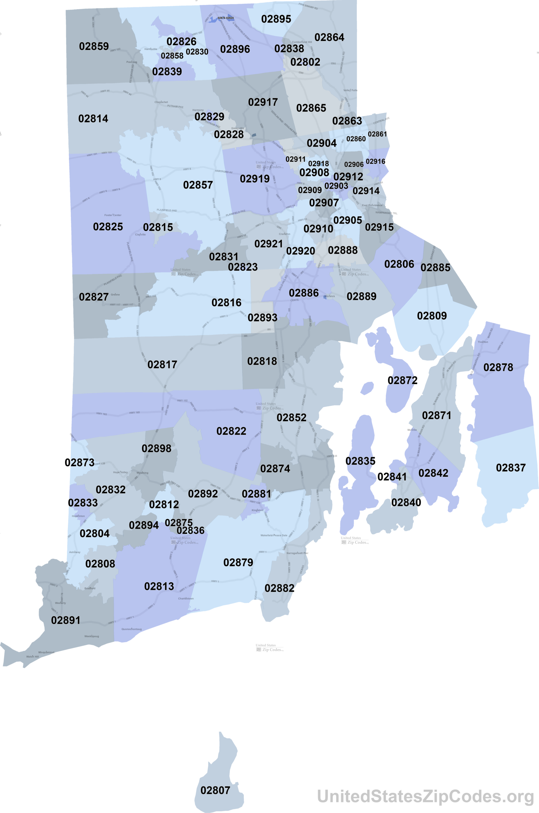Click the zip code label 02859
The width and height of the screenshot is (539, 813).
94,46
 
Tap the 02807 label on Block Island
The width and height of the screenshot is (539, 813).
215,790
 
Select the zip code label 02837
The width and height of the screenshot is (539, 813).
510,468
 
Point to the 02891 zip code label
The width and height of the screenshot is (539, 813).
66,620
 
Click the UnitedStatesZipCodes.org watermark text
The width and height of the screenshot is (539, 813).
425,796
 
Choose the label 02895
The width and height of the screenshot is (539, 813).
276,19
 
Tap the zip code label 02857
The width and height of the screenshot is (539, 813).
198,185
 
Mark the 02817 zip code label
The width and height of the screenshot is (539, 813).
162,365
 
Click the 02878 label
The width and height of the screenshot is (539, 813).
498,367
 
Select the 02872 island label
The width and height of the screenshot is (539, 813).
403,380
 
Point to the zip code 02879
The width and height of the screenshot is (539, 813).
238,563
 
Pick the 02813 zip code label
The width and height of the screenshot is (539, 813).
159,586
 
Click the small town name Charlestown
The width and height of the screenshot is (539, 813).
186,599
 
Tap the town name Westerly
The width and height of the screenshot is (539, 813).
60,603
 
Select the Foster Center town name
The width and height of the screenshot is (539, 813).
113,215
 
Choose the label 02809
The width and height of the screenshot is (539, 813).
432,316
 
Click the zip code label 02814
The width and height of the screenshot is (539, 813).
93,119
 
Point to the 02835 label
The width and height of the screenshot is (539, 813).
360,461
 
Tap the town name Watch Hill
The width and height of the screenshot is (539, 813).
33,657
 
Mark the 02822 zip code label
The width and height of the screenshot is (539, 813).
231,431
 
